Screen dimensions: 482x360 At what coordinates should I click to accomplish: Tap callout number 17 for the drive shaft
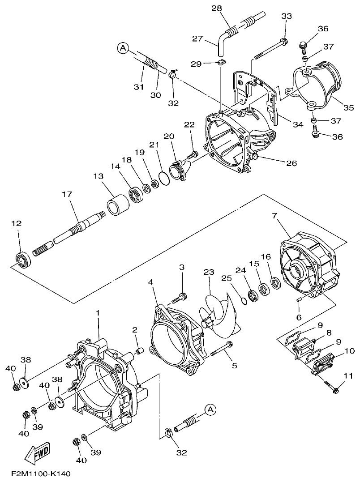point(67,195)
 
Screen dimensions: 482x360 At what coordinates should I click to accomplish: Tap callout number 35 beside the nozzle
point(348,107)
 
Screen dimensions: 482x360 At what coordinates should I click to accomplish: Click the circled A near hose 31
point(123,47)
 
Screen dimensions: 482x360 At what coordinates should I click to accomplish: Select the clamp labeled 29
point(221,63)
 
